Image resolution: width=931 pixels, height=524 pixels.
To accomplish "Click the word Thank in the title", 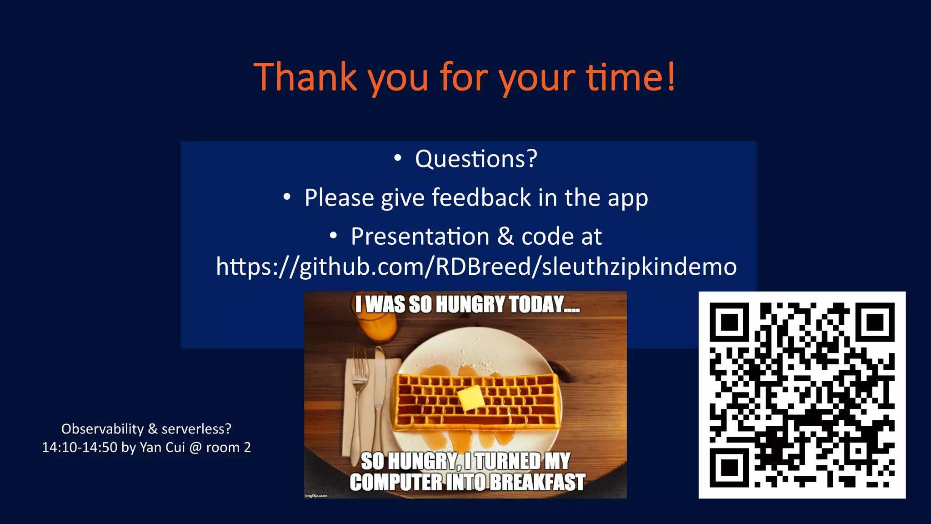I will tap(305, 77).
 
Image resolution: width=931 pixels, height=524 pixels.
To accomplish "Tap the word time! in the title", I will tap(630, 77).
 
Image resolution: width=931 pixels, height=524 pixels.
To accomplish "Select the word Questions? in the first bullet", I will tap(476, 159).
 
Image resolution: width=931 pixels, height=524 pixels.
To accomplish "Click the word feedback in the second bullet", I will tap(481, 198).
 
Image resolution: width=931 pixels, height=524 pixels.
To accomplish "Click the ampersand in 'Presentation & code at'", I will tap(506, 237).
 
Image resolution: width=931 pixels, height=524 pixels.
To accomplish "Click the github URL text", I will tap(476, 267).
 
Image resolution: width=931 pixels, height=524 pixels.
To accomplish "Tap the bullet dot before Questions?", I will tap(398, 158).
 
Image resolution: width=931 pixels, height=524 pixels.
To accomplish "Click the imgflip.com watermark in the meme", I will tap(316, 495).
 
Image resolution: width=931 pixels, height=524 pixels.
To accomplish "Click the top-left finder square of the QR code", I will tap(729, 322).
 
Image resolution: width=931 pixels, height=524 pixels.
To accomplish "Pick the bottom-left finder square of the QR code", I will tap(729, 468).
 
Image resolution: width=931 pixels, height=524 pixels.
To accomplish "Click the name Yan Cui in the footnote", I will tap(162, 448).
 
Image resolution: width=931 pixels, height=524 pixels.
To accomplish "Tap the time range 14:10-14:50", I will tap(80, 448).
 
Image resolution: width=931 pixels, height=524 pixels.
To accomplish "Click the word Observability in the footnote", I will tap(102, 429).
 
